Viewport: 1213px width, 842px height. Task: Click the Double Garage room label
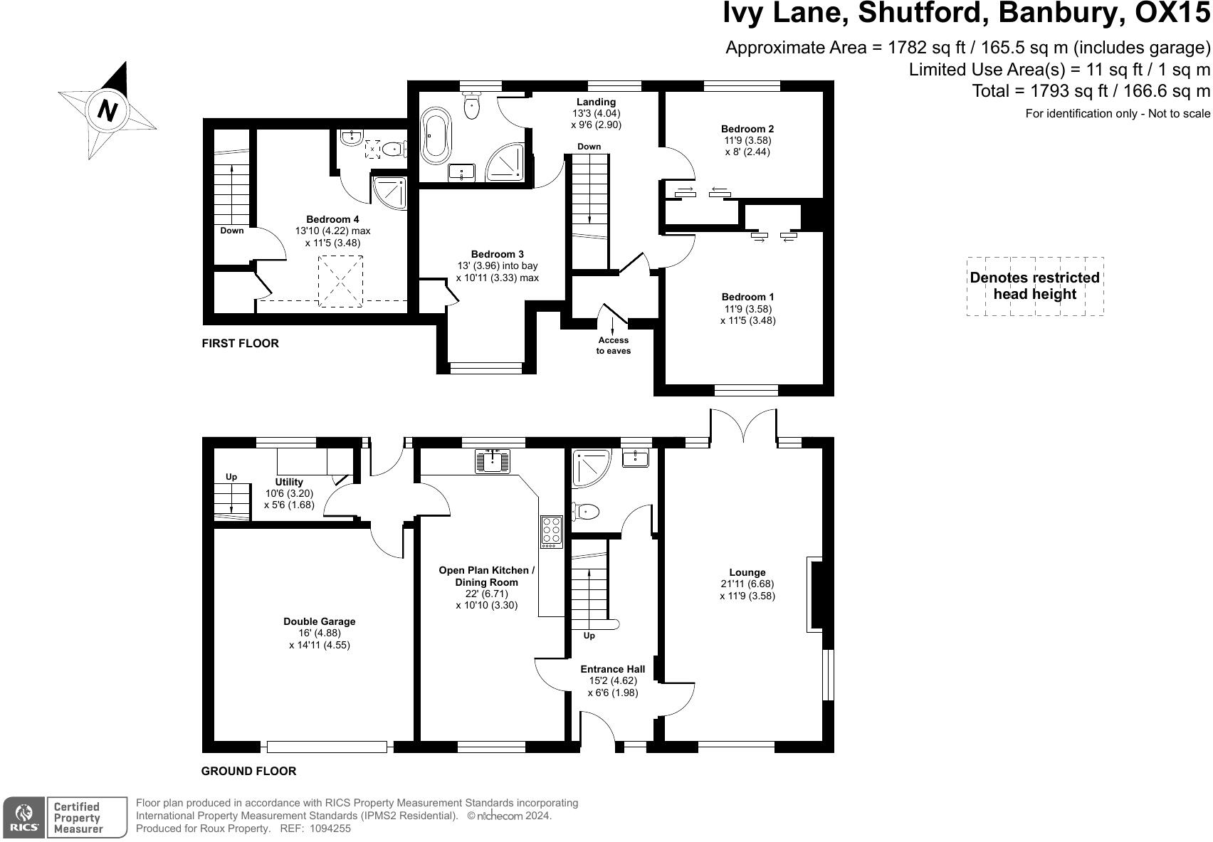coord(319,621)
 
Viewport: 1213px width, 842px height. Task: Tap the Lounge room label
coord(747,572)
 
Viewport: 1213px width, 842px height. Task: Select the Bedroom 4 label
coord(332,219)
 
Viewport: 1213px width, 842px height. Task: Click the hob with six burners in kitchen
coord(551,531)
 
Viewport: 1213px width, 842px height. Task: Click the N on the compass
coord(107,110)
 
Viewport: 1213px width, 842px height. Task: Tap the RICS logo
coord(25,817)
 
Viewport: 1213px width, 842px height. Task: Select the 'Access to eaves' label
coord(613,345)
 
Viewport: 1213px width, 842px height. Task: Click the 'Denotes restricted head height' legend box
coord(1034,286)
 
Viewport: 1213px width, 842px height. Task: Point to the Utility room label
coord(289,482)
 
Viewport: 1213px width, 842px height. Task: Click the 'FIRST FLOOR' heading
coord(240,343)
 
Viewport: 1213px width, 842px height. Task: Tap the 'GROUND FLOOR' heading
coord(248,771)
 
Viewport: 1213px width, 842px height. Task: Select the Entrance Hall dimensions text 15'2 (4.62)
coord(612,681)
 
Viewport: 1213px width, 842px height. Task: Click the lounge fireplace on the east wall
coord(816,594)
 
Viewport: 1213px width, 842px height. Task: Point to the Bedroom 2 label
coord(747,129)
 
